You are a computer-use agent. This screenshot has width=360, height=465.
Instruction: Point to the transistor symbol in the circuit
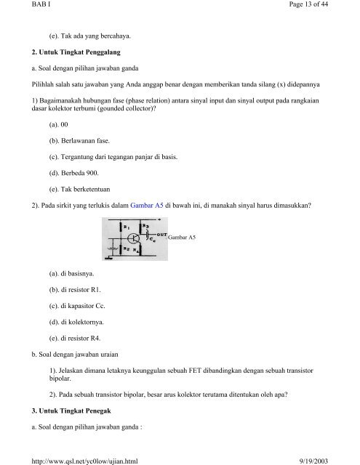click(134, 238)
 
